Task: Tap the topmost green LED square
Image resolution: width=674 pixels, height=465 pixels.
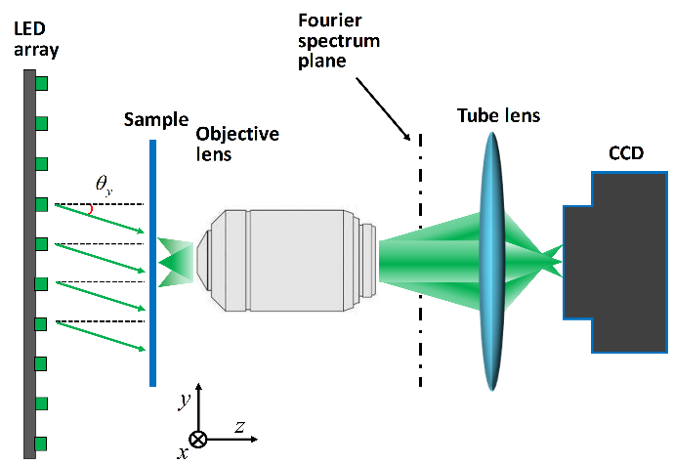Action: coord(41,86)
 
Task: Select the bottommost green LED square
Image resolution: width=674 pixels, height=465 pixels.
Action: coord(41,444)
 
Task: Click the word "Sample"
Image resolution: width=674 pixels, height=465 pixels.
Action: coord(156,120)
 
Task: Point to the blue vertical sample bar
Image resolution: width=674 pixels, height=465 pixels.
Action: coord(152,264)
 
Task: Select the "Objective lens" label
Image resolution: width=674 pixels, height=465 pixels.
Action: coord(237,144)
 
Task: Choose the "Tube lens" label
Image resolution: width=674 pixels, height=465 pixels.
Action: coord(498,116)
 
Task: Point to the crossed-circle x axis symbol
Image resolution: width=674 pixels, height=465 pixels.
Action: coord(198,440)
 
